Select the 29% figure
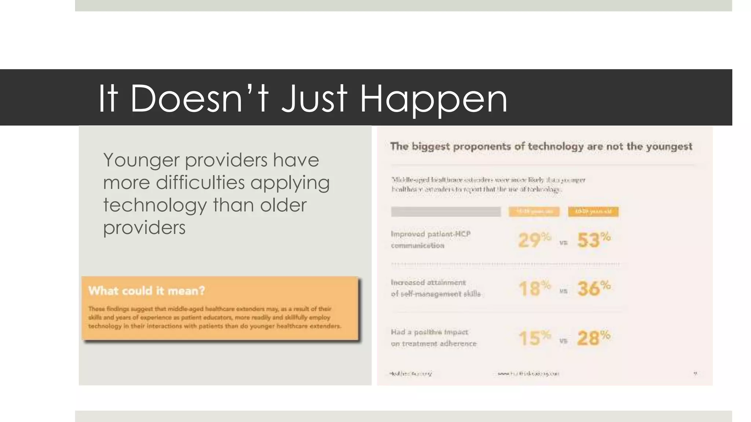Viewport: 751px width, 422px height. pos(534,240)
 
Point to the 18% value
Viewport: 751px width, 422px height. pos(534,288)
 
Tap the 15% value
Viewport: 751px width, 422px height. pos(534,337)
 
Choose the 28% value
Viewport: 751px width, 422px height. pos(593,337)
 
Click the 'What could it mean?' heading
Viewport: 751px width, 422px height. pos(147,291)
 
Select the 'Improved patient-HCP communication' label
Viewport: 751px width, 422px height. pos(431,240)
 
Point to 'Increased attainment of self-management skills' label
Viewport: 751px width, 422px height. pos(435,288)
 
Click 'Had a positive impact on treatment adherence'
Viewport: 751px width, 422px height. pos(433,338)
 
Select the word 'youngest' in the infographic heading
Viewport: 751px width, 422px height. pos(669,147)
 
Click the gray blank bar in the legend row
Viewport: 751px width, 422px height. pos(446,212)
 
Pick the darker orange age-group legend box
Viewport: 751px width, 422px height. pos(593,212)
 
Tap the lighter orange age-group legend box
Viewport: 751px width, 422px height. pos(534,212)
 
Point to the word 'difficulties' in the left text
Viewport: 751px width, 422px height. pos(200,183)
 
